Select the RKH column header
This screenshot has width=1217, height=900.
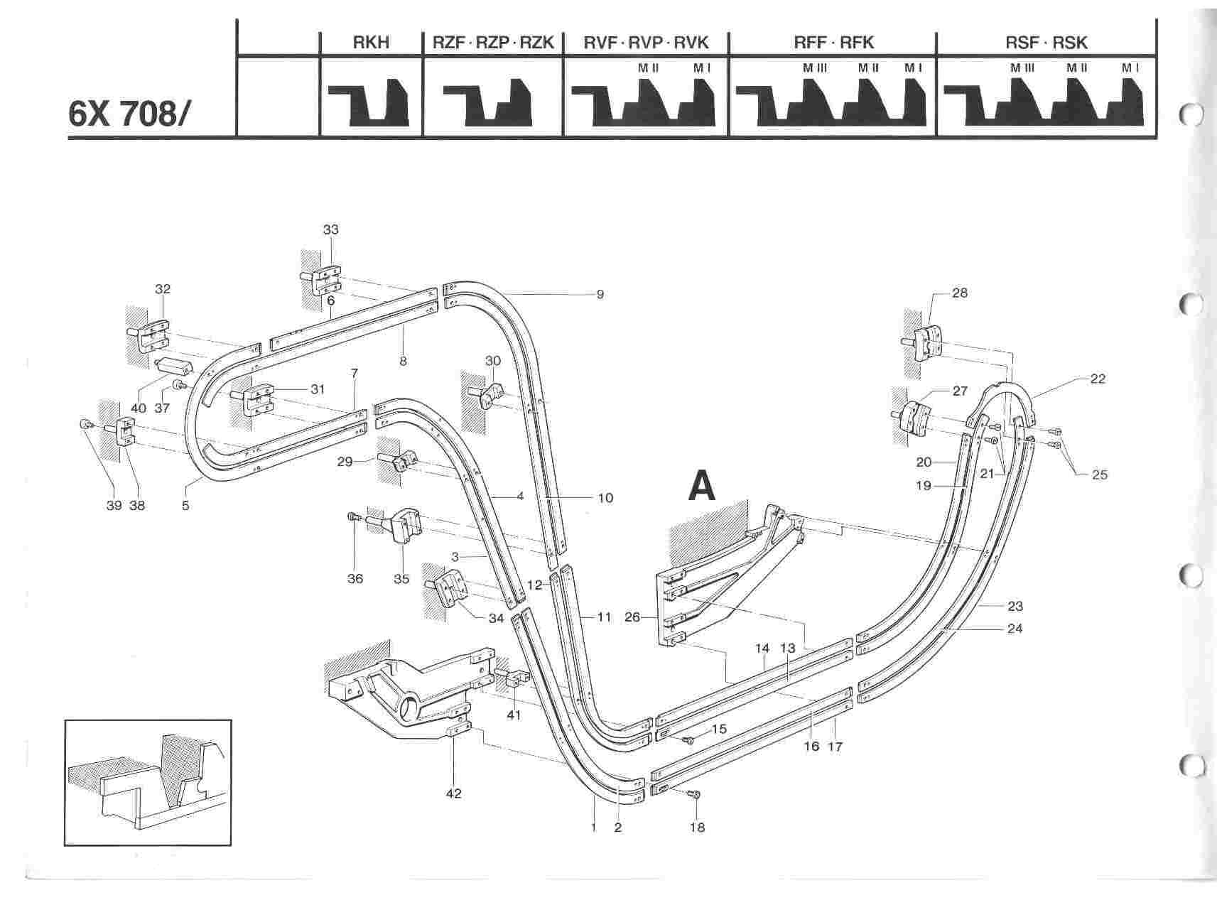click(371, 43)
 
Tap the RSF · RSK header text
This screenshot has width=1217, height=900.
click(1046, 43)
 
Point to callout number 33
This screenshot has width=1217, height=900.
click(330, 229)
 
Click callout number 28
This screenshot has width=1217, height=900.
click(960, 293)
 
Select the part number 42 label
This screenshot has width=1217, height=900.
click(453, 793)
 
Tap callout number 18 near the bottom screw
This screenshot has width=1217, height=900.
click(698, 828)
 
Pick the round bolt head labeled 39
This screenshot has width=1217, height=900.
click(85, 425)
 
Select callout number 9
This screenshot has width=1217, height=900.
click(600, 294)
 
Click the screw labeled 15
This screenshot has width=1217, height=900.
click(688, 740)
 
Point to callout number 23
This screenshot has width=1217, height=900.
click(1015, 606)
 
